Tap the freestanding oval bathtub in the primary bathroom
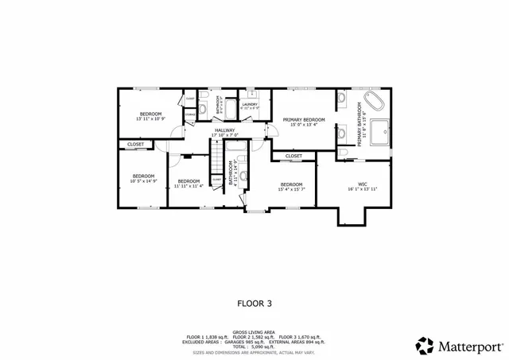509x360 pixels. pyautogui.click(x=373, y=104)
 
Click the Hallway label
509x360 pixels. pyautogui.click(x=224, y=130)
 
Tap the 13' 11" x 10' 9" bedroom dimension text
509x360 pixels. pyautogui.click(x=151, y=119)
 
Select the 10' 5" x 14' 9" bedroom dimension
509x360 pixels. pyautogui.click(x=143, y=180)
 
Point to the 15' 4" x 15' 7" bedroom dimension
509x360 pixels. pyautogui.click(x=292, y=189)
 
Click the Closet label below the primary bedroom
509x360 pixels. pyautogui.click(x=293, y=156)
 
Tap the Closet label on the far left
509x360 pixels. pyautogui.click(x=135, y=145)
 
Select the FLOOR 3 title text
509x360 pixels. pyautogui.click(x=254, y=302)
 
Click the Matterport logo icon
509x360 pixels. pyautogui.click(x=425, y=346)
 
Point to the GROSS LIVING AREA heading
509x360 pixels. pyautogui.click(x=254, y=332)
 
